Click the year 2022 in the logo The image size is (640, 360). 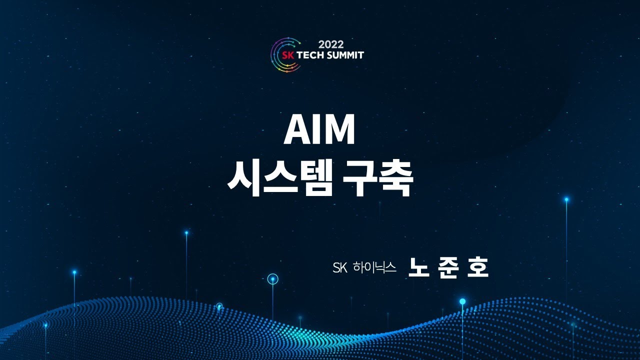pyautogui.click(x=331, y=44)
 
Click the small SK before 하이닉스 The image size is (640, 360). pyautogui.click(x=339, y=268)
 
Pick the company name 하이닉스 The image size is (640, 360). pyautogui.click(x=374, y=268)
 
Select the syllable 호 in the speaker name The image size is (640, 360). pyautogui.click(x=477, y=268)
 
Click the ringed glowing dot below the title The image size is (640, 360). pyautogui.click(x=272, y=279)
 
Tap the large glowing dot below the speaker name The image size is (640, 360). pyautogui.click(x=462, y=301)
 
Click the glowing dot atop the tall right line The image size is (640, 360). pyautogui.click(x=566, y=199)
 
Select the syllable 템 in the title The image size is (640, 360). pyautogui.click(x=313, y=178)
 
